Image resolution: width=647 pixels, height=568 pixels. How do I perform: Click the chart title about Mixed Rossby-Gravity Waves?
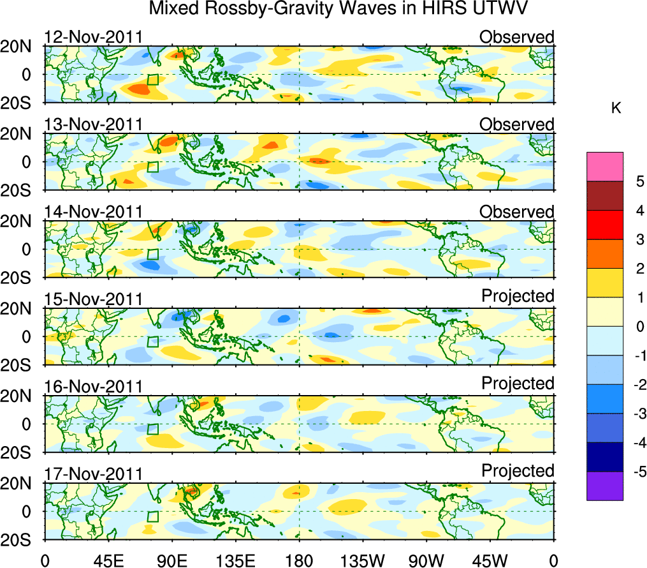point(339,9)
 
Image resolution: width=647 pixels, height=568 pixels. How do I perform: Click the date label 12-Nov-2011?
point(93,37)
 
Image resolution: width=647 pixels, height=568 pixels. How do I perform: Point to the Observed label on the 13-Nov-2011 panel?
point(517,124)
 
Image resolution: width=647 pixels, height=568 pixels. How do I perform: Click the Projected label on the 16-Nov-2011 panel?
point(518,384)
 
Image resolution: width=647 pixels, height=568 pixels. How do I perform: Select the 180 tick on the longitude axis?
point(299,560)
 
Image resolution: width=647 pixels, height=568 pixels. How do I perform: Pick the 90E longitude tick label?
point(171,560)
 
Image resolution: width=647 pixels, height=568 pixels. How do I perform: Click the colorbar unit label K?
point(616,109)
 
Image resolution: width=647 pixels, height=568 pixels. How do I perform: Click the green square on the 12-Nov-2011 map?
point(152,80)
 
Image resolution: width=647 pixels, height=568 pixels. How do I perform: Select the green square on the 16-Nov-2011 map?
point(152,430)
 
